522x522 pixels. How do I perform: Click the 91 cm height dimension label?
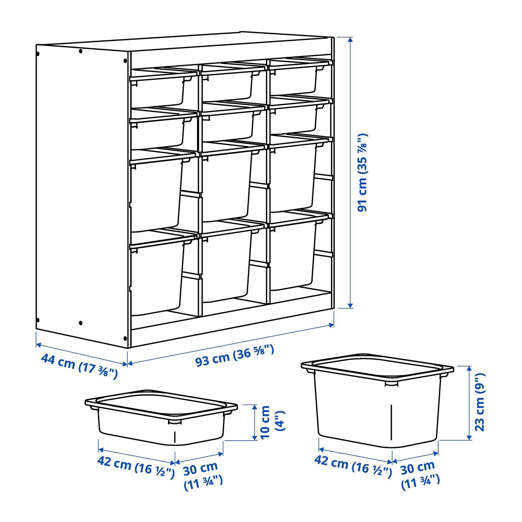362,172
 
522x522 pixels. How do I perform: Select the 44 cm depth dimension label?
79,366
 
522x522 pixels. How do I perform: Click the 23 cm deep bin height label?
479,402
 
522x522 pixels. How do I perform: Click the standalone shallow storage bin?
161,417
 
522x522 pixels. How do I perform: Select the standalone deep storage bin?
377,400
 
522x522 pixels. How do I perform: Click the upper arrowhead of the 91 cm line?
350,39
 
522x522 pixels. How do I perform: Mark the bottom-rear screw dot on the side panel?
80,323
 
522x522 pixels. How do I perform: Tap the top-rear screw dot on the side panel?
80,51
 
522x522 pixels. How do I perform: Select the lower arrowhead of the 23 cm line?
469,437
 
